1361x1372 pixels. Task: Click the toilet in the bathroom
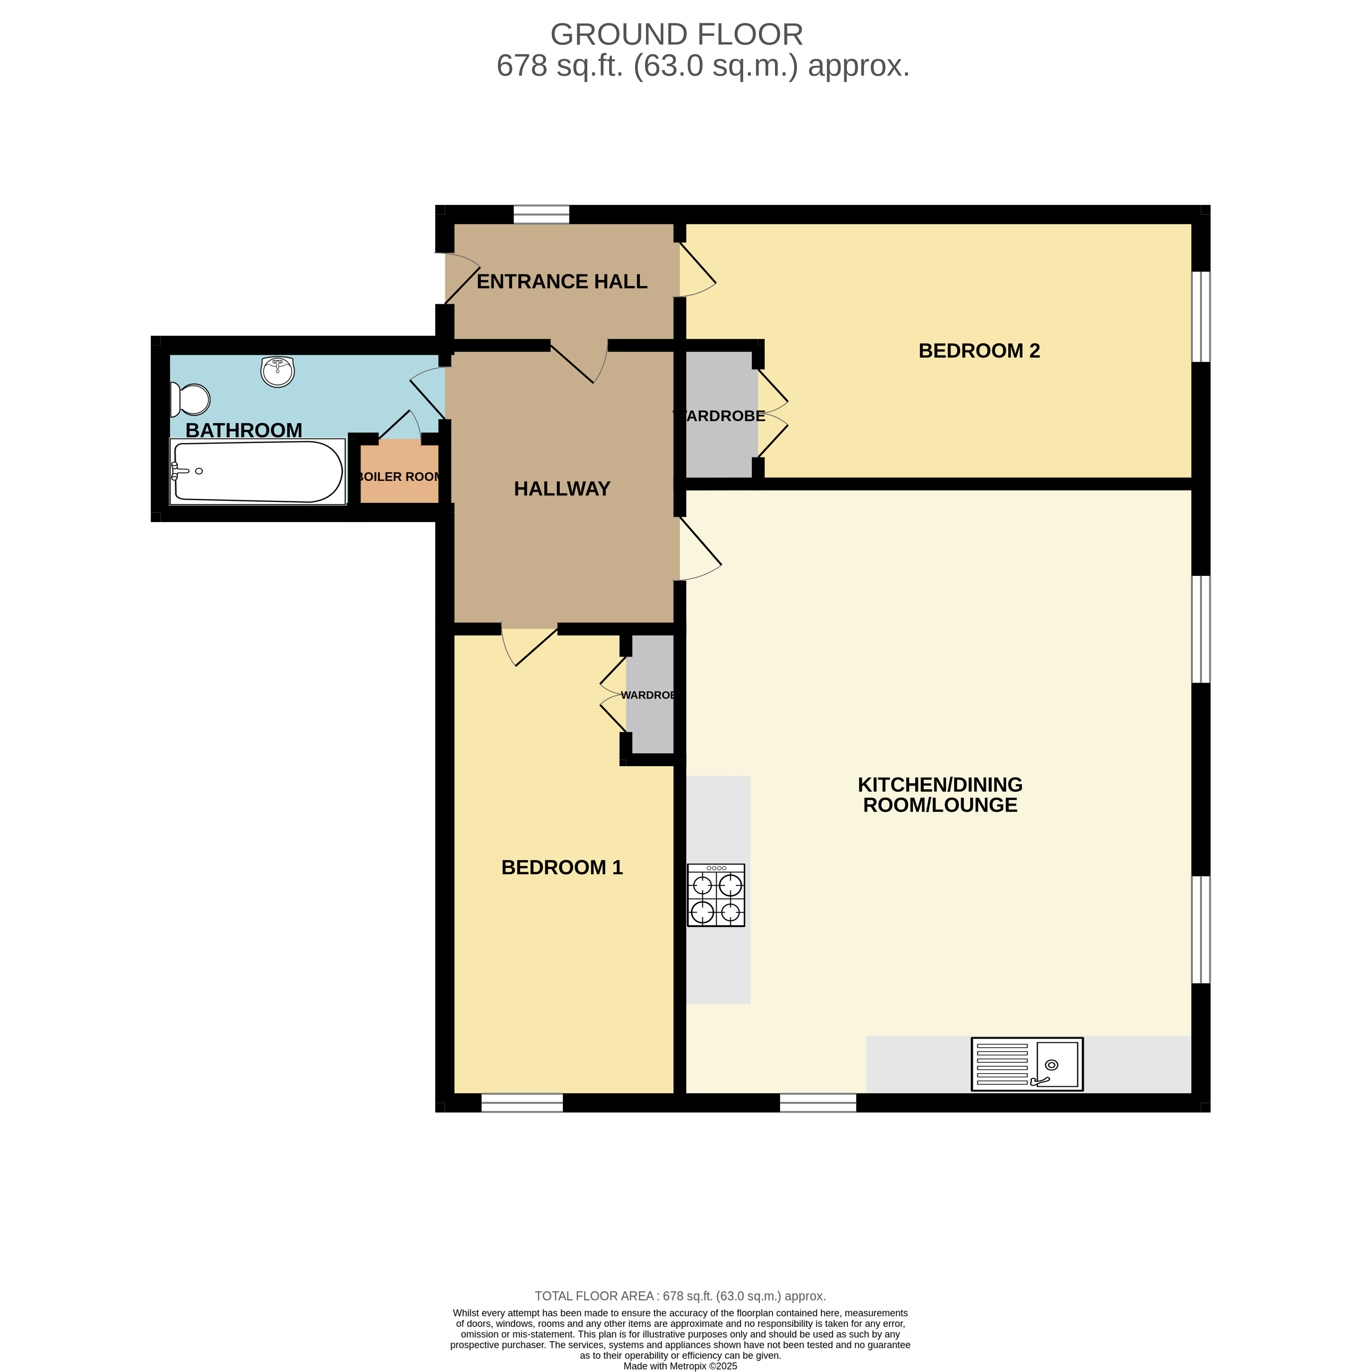pyautogui.click(x=190, y=399)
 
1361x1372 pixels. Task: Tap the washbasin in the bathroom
pyautogui.click(x=277, y=371)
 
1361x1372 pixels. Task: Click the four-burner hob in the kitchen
pyautogui.click(x=716, y=895)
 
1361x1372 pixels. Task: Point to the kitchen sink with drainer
pyautogui.click(x=1027, y=1064)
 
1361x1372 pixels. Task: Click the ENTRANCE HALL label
pyautogui.click(x=562, y=282)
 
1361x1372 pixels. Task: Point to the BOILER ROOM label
pyautogui.click(x=399, y=477)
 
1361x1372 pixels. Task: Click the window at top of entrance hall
pyautogui.click(x=541, y=214)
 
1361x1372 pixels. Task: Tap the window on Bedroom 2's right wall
pyautogui.click(x=1200, y=317)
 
